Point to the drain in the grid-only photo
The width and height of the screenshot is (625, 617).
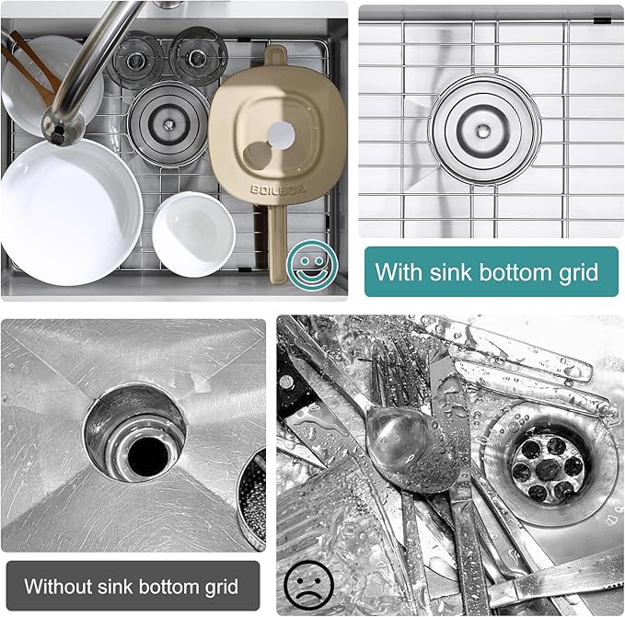481,131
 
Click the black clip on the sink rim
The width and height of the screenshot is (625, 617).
604,18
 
